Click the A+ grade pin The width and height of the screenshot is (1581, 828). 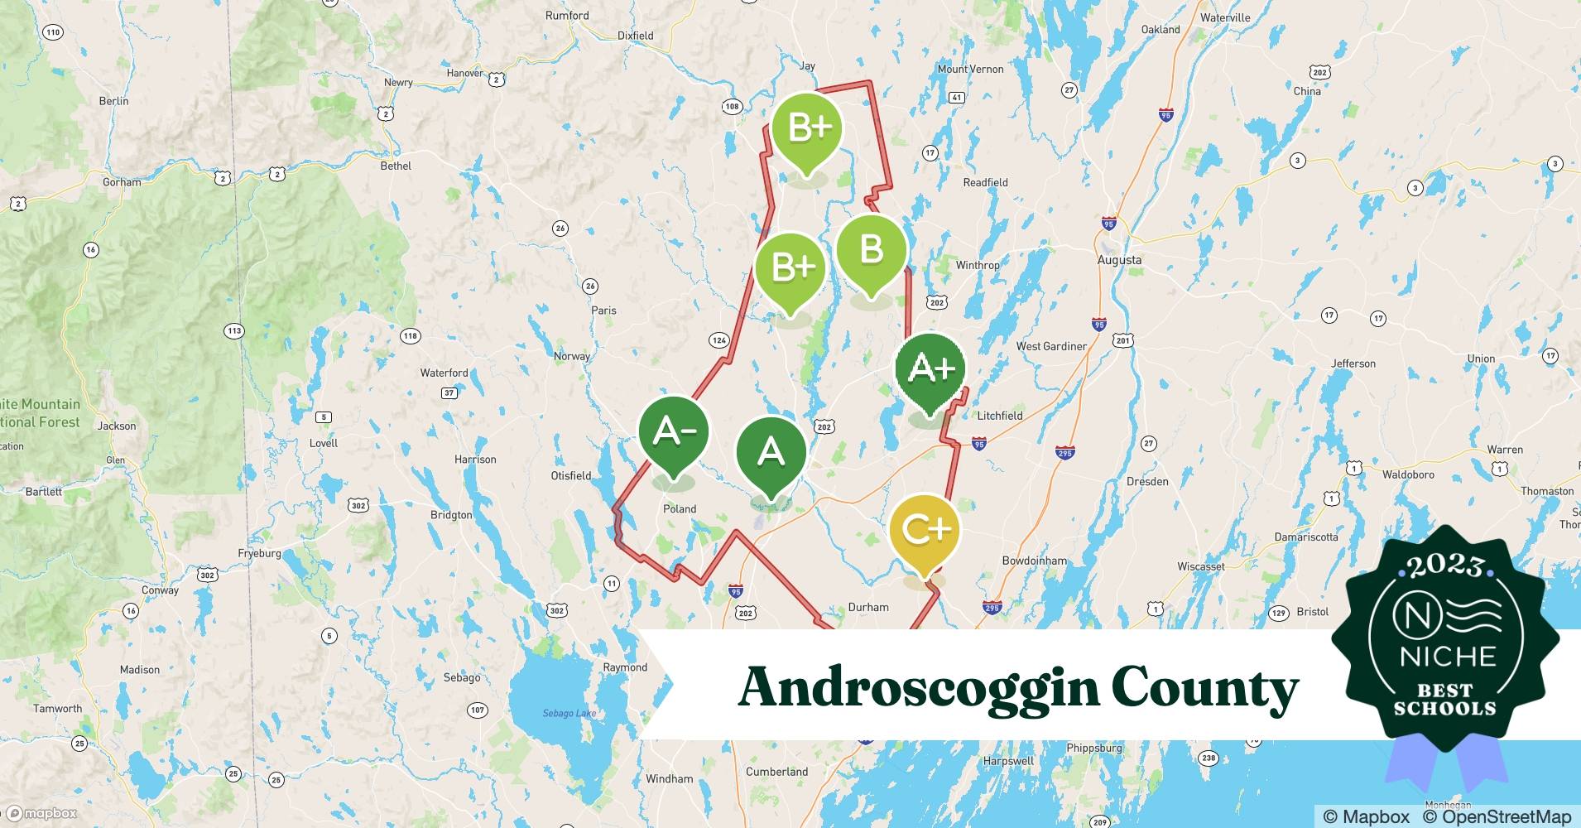pyautogui.click(x=930, y=369)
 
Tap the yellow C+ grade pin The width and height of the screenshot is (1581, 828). pyautogui.click(x=925, y=530)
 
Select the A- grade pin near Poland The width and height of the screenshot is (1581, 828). pyautogui.click(x=674, y=432)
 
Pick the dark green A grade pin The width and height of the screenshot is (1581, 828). pyautogui.click(x=771, y=452)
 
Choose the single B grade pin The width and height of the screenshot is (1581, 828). pyautogui.click(x=871, y=250)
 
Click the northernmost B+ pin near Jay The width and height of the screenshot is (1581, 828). pyautogui.click(x=807, y=129)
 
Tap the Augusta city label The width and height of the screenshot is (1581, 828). pyautogui.click(x=1119, y=260)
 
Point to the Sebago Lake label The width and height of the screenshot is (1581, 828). pyautogui.click(x=569, y=713)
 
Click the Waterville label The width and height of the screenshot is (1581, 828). pyautogui.click(x=1225, y=17)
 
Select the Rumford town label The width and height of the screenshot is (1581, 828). pyautogui.click(x=567, y=16)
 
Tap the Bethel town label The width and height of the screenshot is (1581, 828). pyautogui.click(x=396, y=166)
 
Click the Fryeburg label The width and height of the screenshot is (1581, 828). pyautogui.click(x=259, y=553)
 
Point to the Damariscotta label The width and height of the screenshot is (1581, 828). pyautogui.click(x=1306, y=537)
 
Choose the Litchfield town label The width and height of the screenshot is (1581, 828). pyautogui.click(x=1000, y=416)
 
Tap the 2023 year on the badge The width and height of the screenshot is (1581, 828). pyautogui.click(x=1444, y=566)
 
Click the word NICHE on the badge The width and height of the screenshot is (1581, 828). pyautogui.click(x=1448, y=657)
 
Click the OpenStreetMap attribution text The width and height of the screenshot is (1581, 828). pyautogui.click(x=1496, y=816)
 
